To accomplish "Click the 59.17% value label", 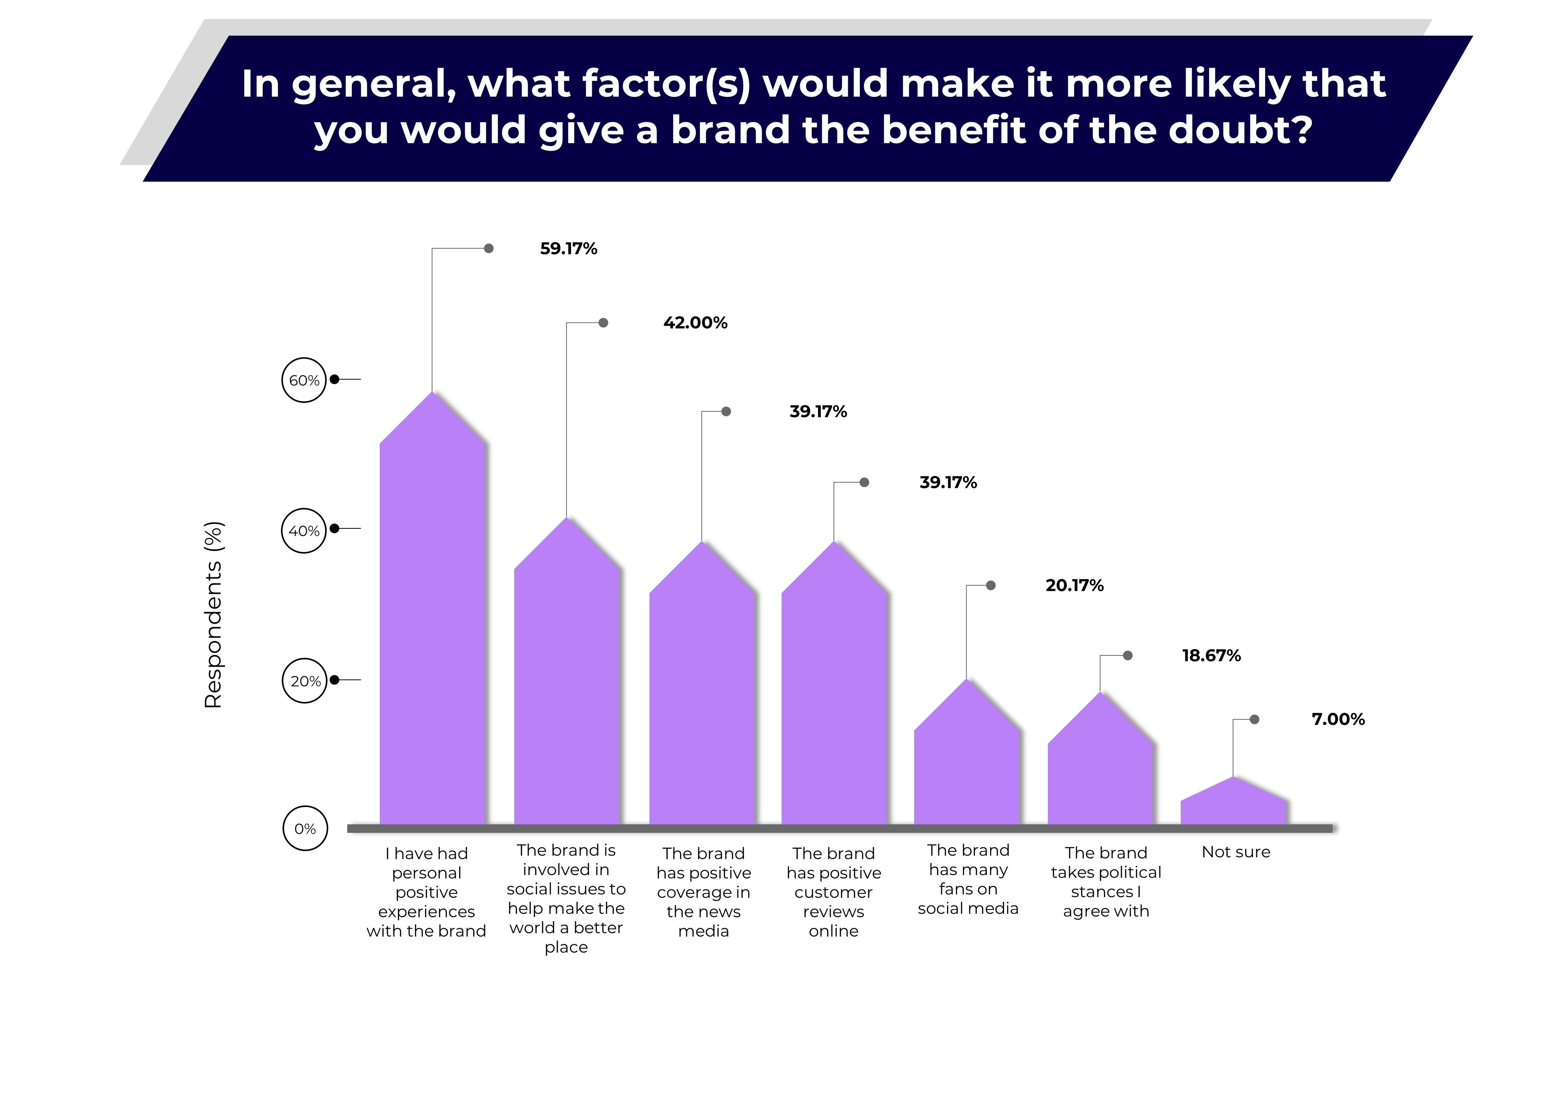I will [x=568, y=249].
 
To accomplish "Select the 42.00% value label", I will [x=695, y=323].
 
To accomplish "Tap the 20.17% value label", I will [x=1074, y=585].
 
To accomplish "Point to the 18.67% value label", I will [x=1211, y=656].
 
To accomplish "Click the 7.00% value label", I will [x=1337, y=719].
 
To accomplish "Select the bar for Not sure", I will [x=1233, y=806].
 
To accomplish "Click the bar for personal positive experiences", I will [x=432, y=626].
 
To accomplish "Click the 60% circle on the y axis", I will [x=304, y=380].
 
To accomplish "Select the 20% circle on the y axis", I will [x=305, y=681].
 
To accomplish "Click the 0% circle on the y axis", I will [x=305, y=829].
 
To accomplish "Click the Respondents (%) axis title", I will [x=214, y=615].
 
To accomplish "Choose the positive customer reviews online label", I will [x=834, y=892].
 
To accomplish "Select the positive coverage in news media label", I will [x=704, y=892].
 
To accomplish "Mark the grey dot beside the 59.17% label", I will [x=489, y=249].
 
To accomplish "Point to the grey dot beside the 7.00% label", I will [x=1254, y=719].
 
